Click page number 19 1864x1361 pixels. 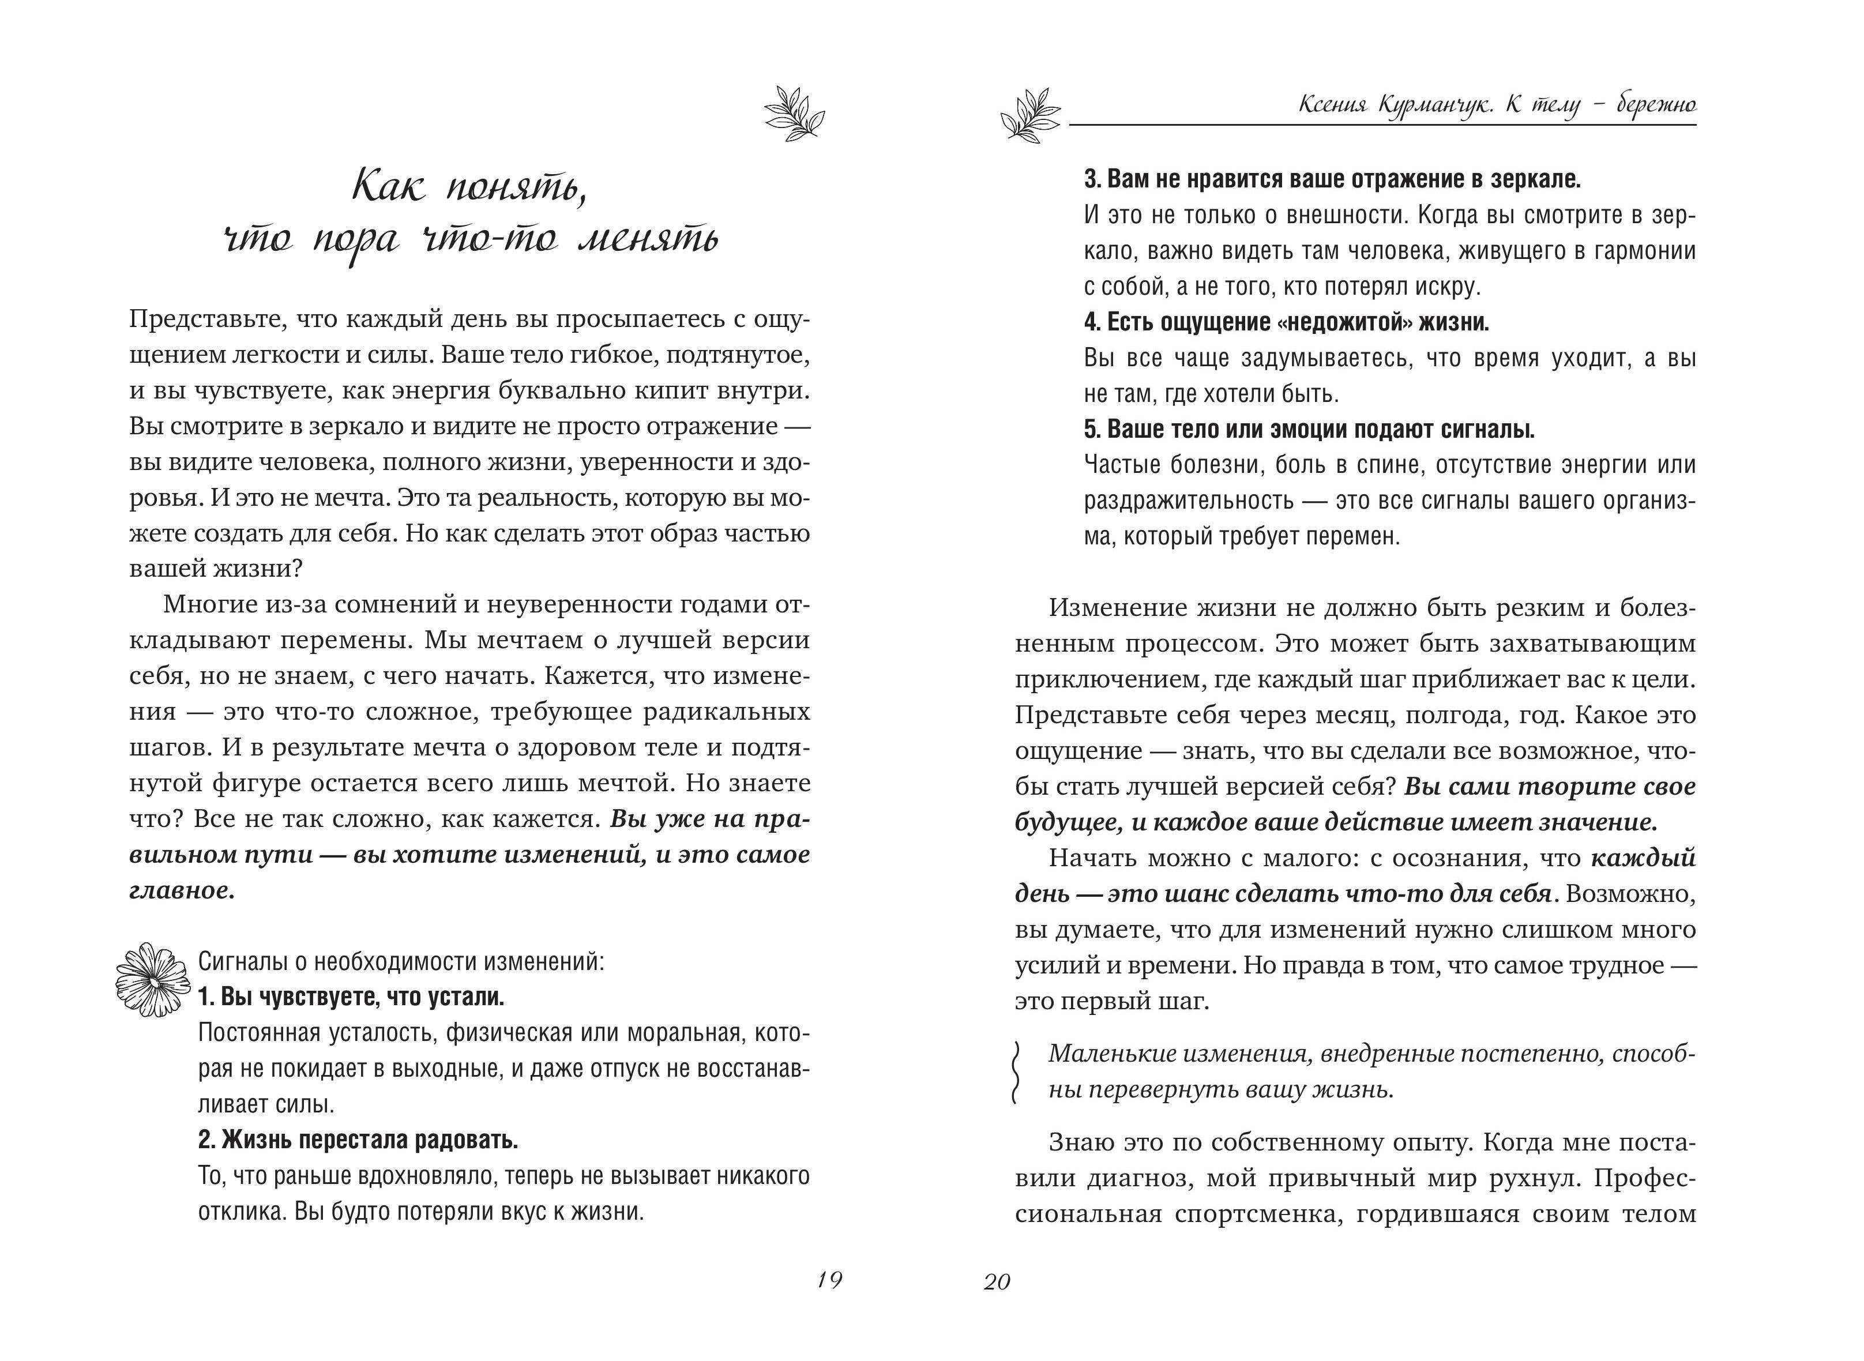[x=829, y=1280]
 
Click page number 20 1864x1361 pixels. [x=997, y=1283]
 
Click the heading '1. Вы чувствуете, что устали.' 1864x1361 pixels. [x=351, y=997]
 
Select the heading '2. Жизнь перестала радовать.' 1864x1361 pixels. [x=358, y=1140]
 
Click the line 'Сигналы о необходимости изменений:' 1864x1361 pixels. [x=401, y=961]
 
